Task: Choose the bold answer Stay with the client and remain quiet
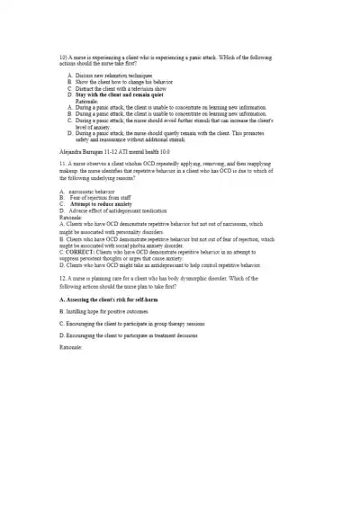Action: tap(120, 94)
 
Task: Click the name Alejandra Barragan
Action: tap(85, 154)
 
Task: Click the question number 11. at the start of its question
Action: tap(62, 165)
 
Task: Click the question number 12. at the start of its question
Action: tap(62, 279)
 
